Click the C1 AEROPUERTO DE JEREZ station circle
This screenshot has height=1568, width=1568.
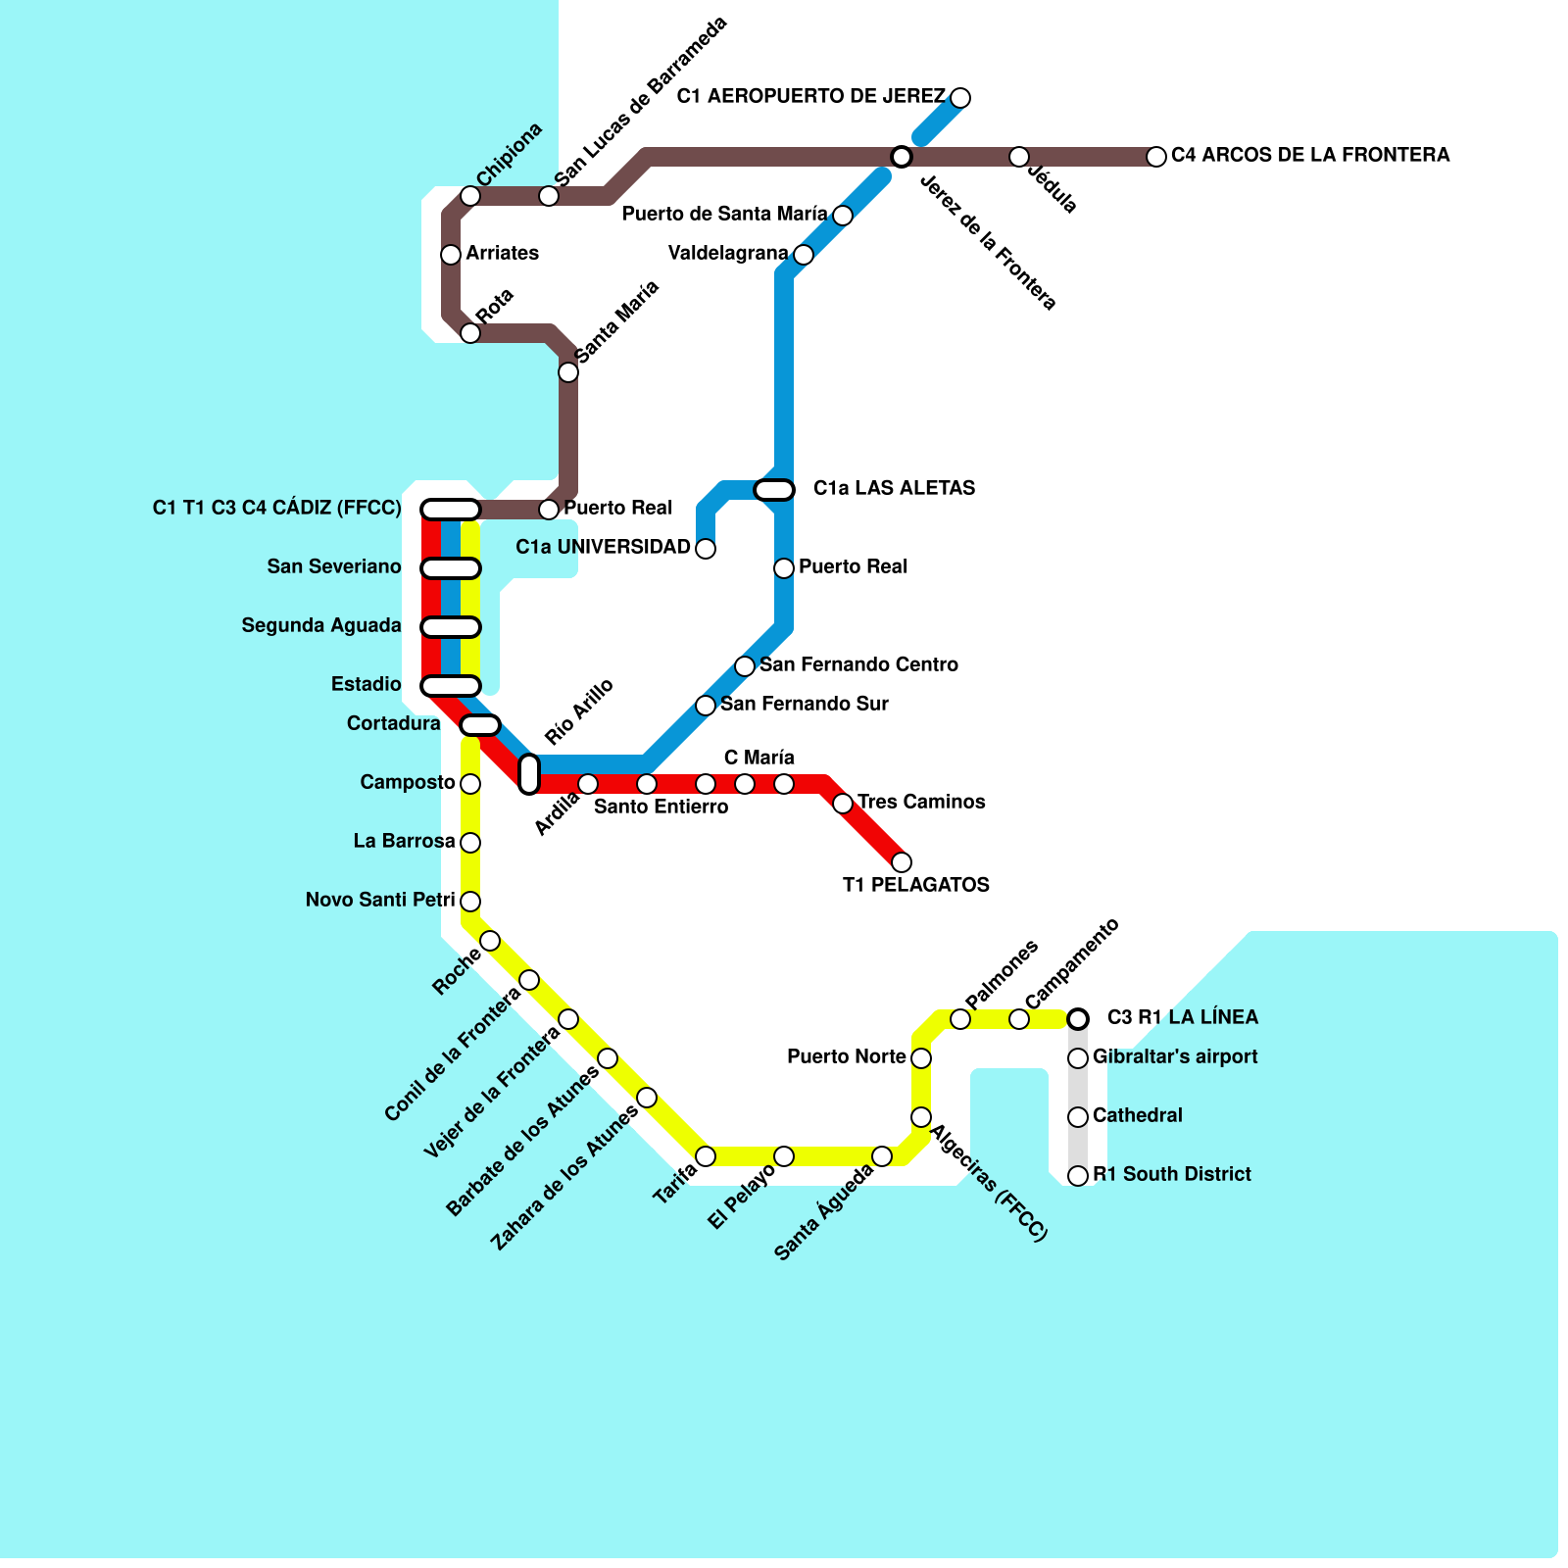click(x=960, y=97)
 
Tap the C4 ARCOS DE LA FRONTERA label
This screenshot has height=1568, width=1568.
click(x=1310, y=155)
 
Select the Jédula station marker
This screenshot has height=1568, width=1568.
click(x=1019, y=157)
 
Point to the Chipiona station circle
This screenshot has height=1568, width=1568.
click(x=470, y=196)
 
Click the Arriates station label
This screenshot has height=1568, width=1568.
click(x=502, y=253)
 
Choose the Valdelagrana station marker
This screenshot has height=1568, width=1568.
click(x=804, y=255)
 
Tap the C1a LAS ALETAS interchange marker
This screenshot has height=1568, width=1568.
click(x=774, y=489)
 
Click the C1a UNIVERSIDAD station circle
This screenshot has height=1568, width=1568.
click(x=706, y=549)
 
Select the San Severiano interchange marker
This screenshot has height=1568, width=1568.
click(x=450, y=568)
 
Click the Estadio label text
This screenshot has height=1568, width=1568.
click(x=366, y=684)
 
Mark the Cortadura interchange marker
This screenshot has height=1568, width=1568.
click(x=480, y=725)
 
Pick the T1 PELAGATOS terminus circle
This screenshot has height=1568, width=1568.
click(x=902, y=862)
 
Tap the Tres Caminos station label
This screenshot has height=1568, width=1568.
click(x=921, y=802)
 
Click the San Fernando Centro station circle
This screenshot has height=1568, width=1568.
click(x=745, y=666)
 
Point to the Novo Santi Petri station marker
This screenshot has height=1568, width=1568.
click(x=470, y=901)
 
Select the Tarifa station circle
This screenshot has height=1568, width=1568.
click(x=706, y=1156)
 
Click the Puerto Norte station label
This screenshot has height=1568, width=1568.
click(x=846, y=1056)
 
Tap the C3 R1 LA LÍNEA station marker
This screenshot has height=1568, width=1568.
click(x=1078, y=1019)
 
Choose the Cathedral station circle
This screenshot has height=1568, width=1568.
click(x=1078, y=1116)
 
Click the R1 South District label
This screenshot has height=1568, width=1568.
click(x=1171, y=1174)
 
